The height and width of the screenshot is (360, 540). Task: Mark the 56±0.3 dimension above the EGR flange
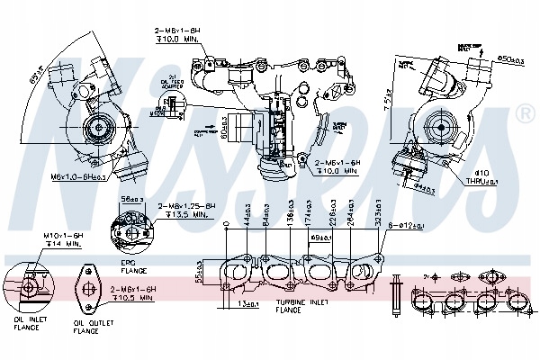(132, 199)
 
